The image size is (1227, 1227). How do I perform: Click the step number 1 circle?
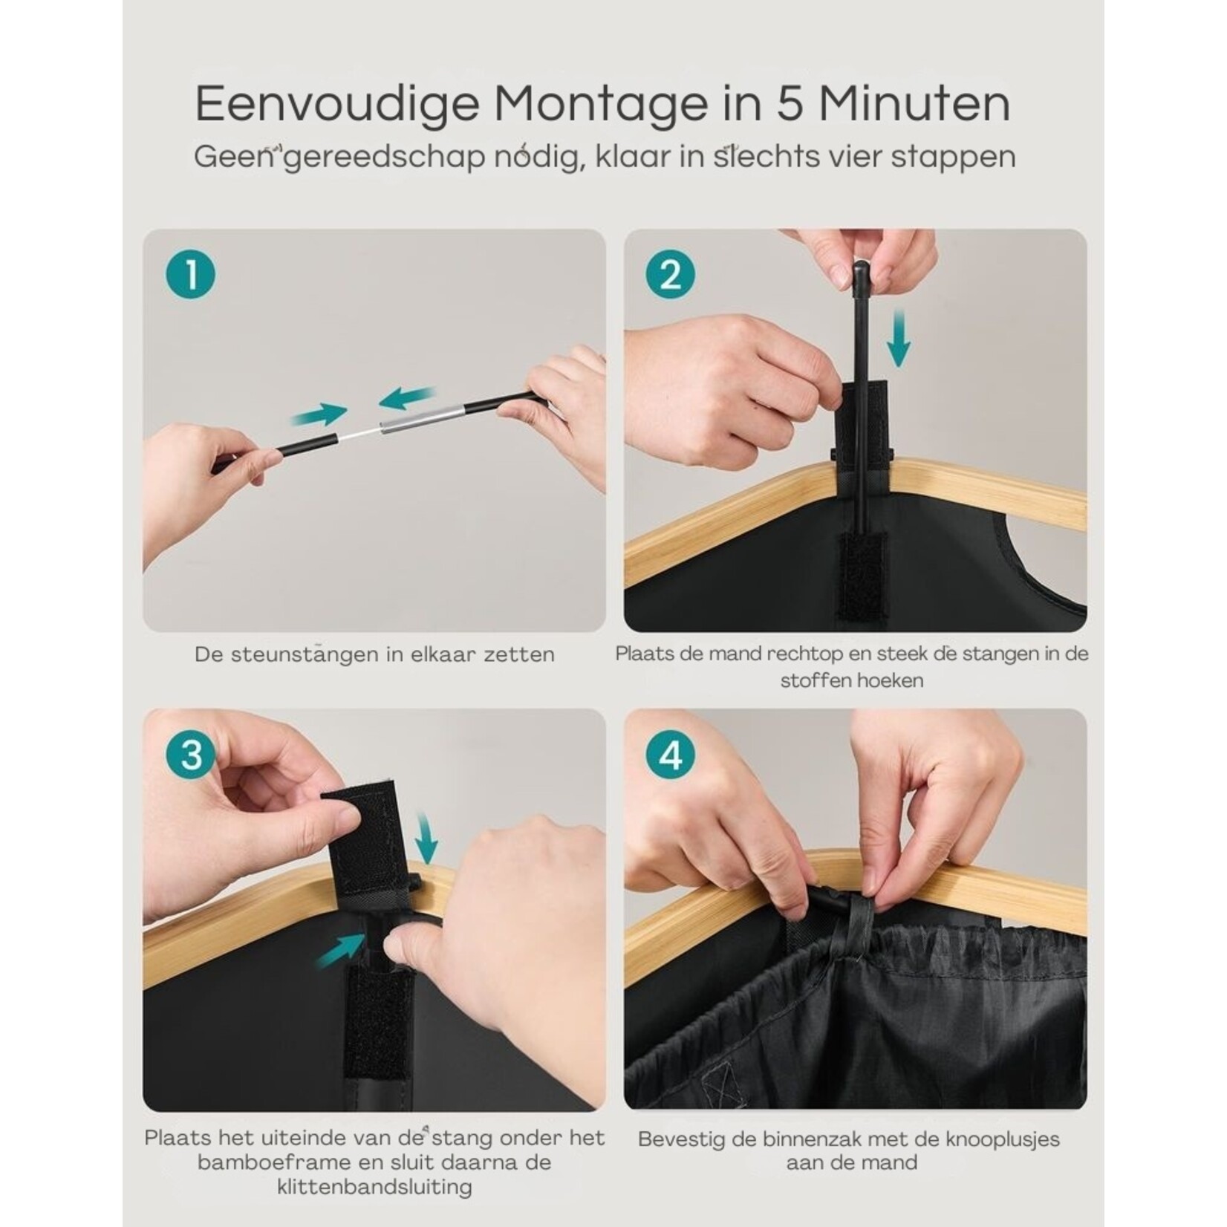click(x=191, y=274)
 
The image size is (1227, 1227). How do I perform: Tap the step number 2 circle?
click(x=671, y=274)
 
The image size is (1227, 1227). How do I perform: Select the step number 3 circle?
click(x=191, y=755)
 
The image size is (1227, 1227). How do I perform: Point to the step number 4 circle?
click(x=671, y=755)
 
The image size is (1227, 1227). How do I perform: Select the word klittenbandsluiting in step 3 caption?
click(x=375, y=1188)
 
